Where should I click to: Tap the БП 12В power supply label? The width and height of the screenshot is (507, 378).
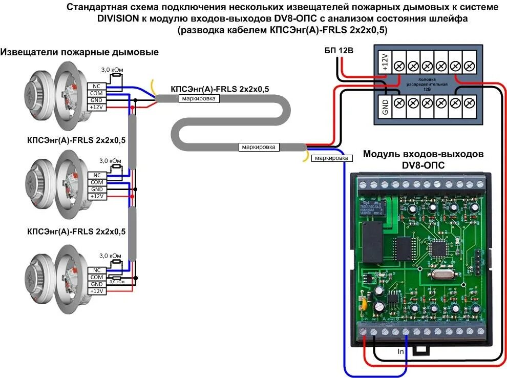point(339,50)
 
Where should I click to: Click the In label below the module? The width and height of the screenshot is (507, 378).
point(401,352)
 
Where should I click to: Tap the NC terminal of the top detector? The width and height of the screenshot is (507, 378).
point(97,86)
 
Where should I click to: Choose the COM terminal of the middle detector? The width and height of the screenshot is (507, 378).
point(97,182)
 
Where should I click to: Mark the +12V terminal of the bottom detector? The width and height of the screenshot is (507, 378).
point(97,291)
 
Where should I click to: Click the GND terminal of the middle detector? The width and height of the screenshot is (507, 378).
point(97,190)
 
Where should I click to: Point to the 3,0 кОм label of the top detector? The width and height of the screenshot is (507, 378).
point(111,69)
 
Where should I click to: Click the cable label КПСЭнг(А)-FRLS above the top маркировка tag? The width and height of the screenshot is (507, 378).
point(220,89)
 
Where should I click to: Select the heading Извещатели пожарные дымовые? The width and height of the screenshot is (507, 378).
point(79,52)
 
